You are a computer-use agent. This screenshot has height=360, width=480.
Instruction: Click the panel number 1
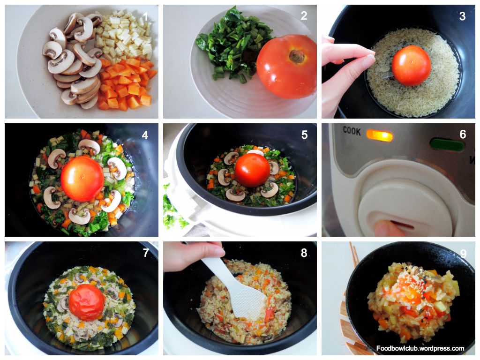pos(145,16)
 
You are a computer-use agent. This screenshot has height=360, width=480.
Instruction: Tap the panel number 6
pos(463,135)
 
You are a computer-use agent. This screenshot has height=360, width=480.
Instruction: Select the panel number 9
pos(463,254)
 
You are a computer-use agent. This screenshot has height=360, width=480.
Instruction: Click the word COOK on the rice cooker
pos(352,131)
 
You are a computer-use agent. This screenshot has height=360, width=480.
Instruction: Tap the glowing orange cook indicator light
pos(379,135)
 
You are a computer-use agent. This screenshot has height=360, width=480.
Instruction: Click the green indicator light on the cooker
pos(447,144)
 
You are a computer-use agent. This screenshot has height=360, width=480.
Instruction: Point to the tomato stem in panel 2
pos(297,56)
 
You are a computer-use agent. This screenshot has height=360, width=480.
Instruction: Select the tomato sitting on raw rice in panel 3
pos(411,65)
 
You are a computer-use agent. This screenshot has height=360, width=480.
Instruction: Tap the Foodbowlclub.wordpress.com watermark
pos(420,348)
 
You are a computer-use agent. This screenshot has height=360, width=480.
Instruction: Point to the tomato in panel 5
pos(252,170)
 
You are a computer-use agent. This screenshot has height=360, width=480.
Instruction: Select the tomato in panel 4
pos(82,179)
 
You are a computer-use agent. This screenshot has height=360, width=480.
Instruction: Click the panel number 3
pos(462,16)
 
